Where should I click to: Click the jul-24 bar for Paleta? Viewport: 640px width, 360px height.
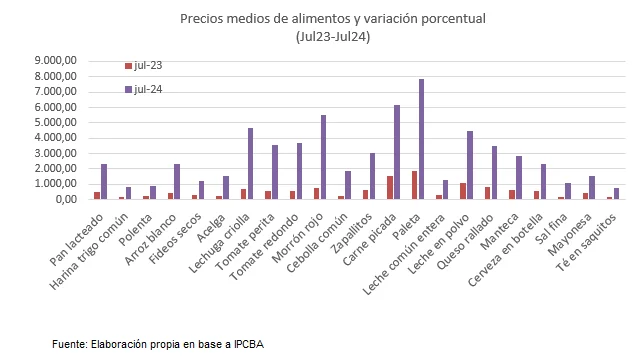pyautogui.click(x=422, y=139)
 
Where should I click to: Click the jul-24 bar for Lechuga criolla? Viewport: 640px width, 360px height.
pyautogui.click(x=250, y=163)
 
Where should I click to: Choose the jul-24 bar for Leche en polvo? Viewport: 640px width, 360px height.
pyautogui.click(x=470, y=165)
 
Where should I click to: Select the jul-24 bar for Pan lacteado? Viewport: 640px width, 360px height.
pyautogui.click(x=104, y=181)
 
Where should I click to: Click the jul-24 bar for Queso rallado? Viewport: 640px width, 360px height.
pyautogui.click(x=494, y=172)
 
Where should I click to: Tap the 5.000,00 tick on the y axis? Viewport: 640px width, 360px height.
pyautogui.click(x=55, y=122)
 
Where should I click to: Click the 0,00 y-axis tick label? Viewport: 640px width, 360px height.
pyautogui.click(x=65, y=199)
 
